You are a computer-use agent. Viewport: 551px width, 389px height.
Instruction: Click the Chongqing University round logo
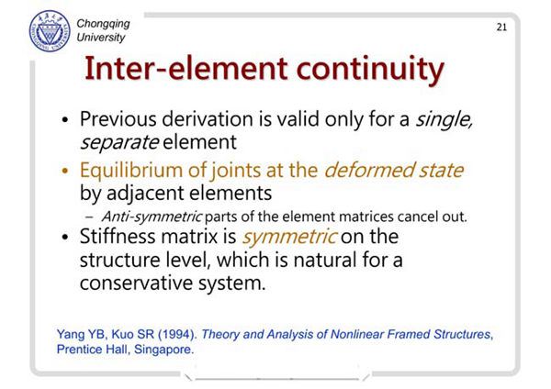tap(50, 31)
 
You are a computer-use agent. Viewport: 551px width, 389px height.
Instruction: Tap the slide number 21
tap(501, 28)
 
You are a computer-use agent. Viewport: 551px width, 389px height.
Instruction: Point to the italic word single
tap(444, 119)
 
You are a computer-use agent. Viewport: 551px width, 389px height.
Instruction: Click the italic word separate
tap(119, 142)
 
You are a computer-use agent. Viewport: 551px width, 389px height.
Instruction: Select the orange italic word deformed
tap(369, 170)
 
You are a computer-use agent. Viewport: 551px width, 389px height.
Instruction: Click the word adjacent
tap(146, 194)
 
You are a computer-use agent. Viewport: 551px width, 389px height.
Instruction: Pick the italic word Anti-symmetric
tap(152, 217)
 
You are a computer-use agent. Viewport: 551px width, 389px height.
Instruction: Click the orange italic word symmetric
tap(289, 237)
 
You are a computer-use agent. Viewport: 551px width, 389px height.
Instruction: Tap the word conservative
tap(136, 283)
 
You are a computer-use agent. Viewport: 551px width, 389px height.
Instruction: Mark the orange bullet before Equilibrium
tap(64, 172)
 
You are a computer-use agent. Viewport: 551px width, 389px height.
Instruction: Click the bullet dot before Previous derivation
tap(64, 120)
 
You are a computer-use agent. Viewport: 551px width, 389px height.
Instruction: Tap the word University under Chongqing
tap(101, 38)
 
